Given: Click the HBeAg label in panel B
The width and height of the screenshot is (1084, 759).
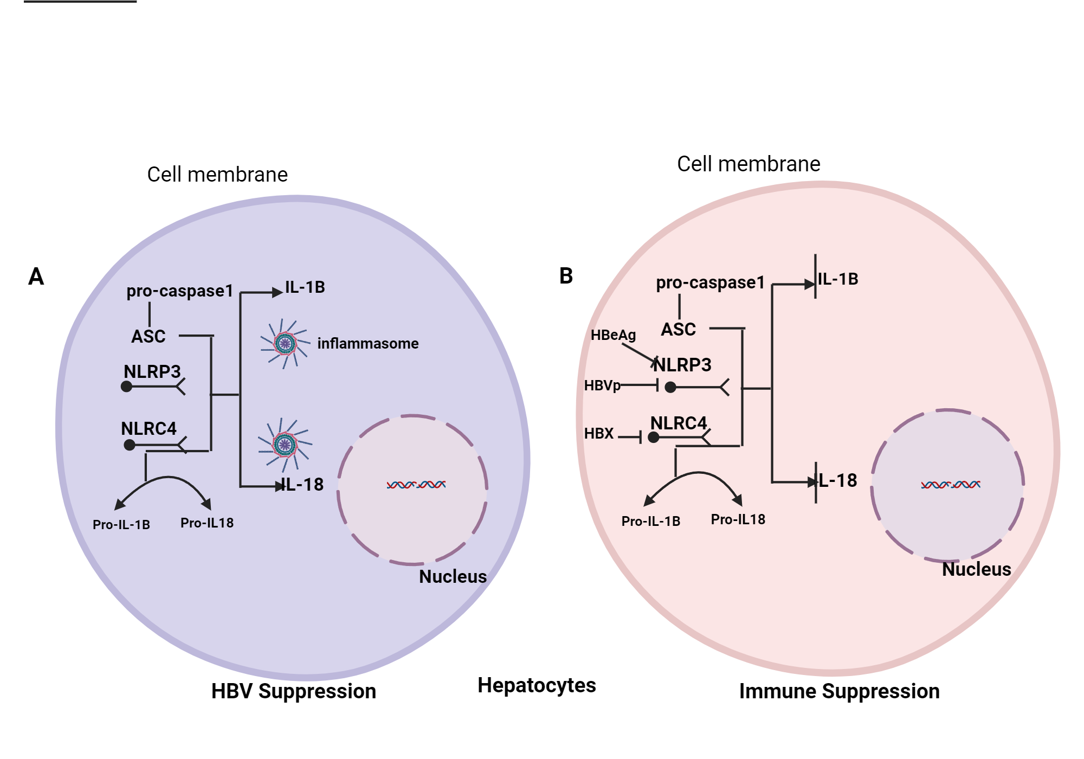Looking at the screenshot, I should click(613, 335).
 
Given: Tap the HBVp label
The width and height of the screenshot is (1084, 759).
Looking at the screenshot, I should click(602, 385).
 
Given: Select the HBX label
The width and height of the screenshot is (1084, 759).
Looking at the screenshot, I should click(599, 434).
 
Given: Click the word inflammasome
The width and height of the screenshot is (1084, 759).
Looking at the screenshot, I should click(367, 344).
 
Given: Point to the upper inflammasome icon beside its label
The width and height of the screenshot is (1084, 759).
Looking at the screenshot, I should click(285, 343).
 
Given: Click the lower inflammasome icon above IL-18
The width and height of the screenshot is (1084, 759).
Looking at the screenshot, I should click(285, 445).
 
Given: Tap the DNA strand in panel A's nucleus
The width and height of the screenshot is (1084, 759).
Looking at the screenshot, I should click(416, 485).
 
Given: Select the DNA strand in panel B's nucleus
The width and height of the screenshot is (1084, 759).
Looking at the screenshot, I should click(951, 485).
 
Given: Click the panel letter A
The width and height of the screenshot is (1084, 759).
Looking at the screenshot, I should click(36, 276).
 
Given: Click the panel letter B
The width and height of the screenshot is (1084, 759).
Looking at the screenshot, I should click(566, 276).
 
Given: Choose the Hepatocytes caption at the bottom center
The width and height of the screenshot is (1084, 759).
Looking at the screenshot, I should click(537, 685).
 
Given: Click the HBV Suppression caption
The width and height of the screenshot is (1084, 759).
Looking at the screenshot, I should click(293, 691).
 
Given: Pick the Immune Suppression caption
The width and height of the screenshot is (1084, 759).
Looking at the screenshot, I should click(839, 691).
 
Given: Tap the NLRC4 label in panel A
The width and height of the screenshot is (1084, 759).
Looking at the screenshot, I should click(149, 429).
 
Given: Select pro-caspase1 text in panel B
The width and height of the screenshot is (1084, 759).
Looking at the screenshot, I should click(710, 282).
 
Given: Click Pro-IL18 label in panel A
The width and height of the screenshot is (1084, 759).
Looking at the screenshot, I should click(207, 523).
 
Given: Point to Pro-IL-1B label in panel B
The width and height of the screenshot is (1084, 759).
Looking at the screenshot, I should click(650, 522).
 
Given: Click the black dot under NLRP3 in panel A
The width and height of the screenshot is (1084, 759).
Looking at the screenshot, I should click(127, 387).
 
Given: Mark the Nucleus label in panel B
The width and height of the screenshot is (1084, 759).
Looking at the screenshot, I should click(976, 569).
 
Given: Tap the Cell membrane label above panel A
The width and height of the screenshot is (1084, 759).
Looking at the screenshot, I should click(217, 175).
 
